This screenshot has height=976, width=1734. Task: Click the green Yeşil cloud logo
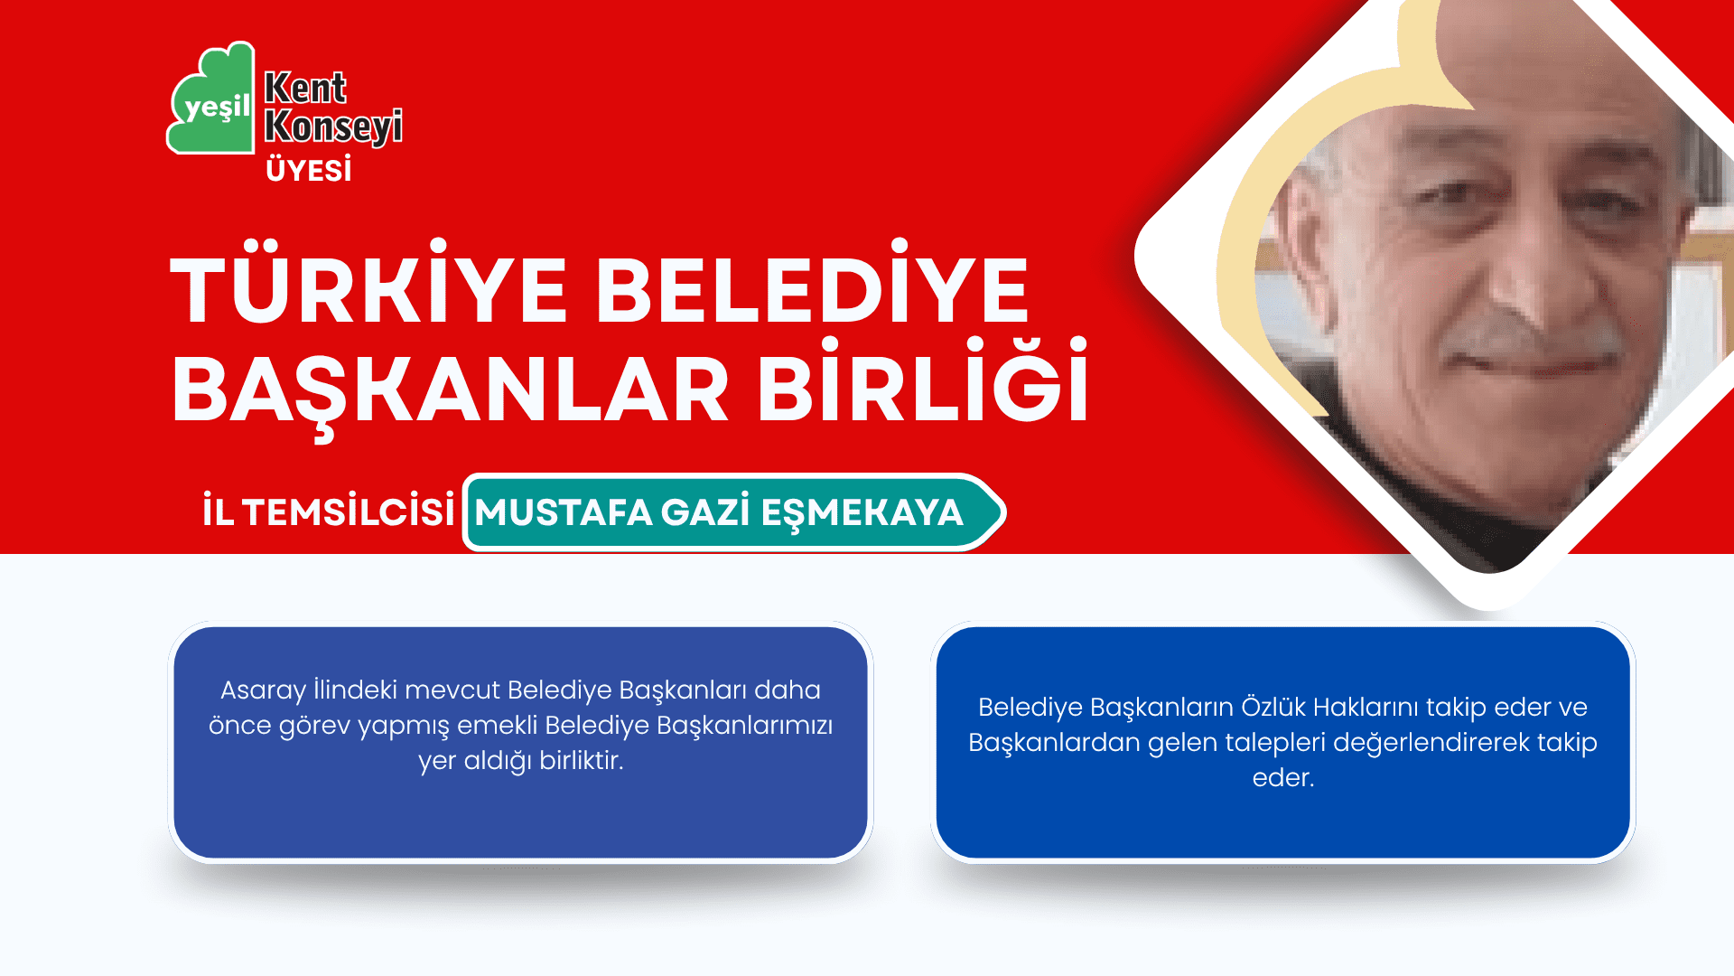coord(210,99)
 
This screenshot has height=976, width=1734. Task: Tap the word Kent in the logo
coord(305,89)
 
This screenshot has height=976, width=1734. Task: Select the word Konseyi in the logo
coord(333,127)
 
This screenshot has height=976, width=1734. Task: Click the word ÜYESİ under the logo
coord(309,170)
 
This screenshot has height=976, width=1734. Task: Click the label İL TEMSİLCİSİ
coord(328,511)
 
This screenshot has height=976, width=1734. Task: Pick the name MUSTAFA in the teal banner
coord(564,513)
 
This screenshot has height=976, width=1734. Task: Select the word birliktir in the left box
coord(581,761)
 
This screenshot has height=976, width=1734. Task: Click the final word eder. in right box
coord(1283,778)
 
